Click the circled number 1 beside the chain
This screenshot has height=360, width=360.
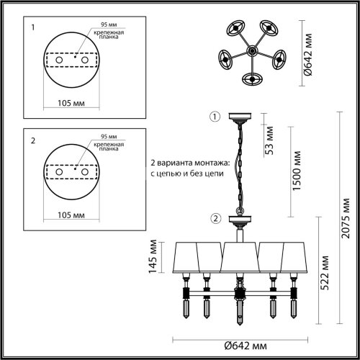(213, 117)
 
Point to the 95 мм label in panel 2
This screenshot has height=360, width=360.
(109, 135)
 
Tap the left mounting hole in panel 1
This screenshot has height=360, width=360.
(58, 60)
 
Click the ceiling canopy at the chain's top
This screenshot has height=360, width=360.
(237, 117)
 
